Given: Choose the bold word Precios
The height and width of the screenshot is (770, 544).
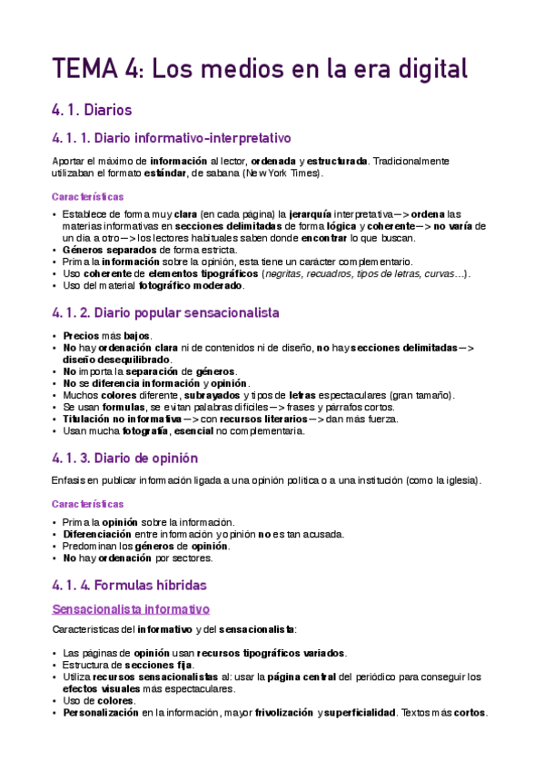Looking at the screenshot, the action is tap(81, 336).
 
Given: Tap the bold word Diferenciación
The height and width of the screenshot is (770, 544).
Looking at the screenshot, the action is tap(104, 534).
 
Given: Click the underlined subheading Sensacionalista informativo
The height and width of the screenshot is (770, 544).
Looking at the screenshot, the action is tap(131, 607).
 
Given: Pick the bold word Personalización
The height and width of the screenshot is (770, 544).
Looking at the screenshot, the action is tap(101, 712).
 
